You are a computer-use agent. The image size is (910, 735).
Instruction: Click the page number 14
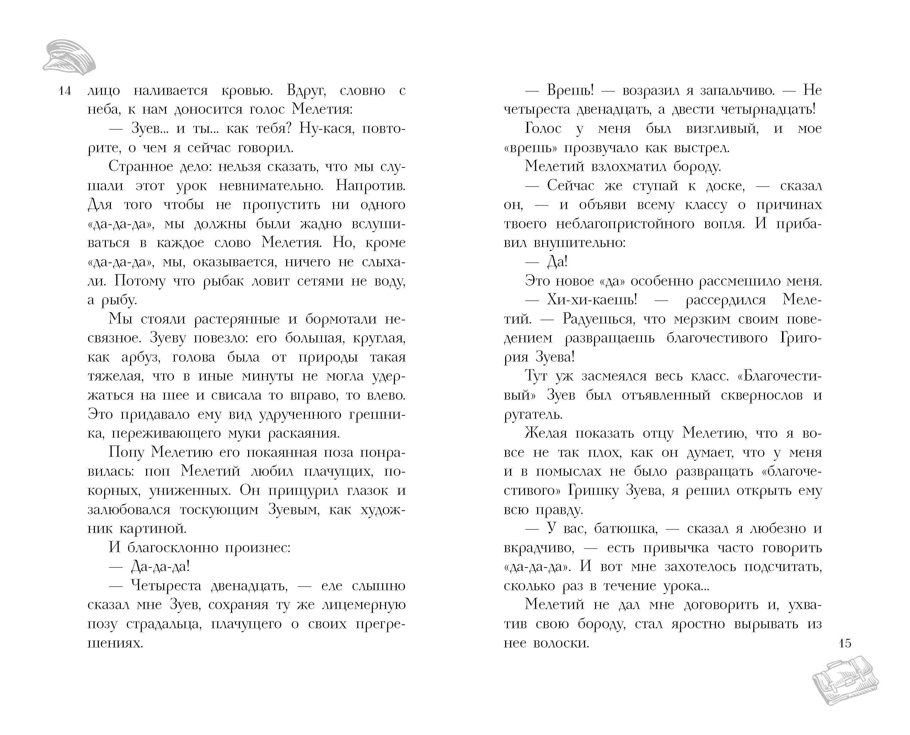pos(64,91)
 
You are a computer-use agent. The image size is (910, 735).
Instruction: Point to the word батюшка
pos(626,529)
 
